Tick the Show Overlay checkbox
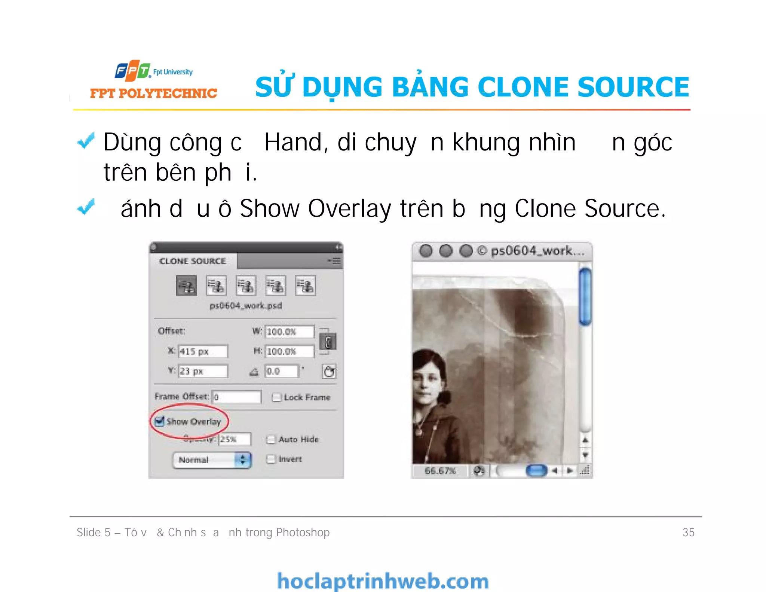160,421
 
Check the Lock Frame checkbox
277,397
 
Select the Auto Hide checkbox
271,440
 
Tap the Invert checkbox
271,459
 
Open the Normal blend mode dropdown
212,460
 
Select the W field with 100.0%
289,332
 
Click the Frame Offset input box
236,397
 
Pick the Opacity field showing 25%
235,439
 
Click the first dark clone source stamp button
186,286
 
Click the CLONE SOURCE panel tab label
193,261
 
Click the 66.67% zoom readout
440,471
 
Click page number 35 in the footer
688,532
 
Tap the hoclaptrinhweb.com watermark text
383,581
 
